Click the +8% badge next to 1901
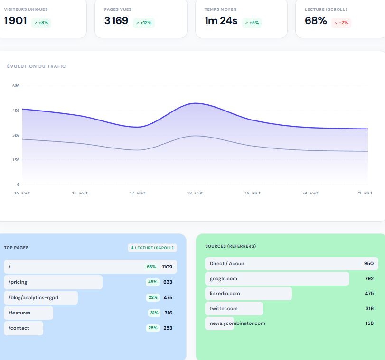point(41,23)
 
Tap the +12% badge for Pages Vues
point(144,23)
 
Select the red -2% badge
point(341,23)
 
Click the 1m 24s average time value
point(221,21)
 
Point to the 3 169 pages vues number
point(116,20)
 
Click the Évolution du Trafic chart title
point(37,66)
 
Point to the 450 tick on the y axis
point(16,111)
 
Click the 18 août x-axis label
point(195,193)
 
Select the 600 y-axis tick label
point(16,86)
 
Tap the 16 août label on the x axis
point(80,193)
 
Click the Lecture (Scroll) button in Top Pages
point(152,248)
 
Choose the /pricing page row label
point(18,282)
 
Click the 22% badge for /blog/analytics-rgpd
point(153,297)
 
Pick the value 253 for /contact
point(168,328)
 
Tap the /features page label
point(19,313)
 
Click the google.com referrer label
point(224,279)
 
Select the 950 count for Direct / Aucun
point(369,264)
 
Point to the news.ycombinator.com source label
point(237,323)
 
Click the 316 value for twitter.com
point(369,308)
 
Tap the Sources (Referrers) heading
point(231,246)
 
